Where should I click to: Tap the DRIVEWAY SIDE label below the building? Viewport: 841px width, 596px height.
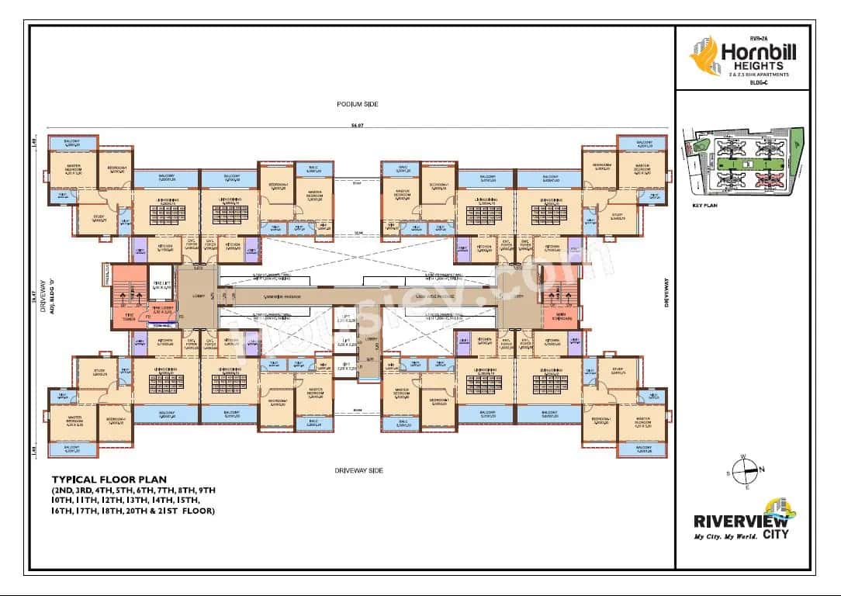pos(358,470)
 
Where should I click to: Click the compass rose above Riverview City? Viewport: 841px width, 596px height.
pos(747,468)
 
